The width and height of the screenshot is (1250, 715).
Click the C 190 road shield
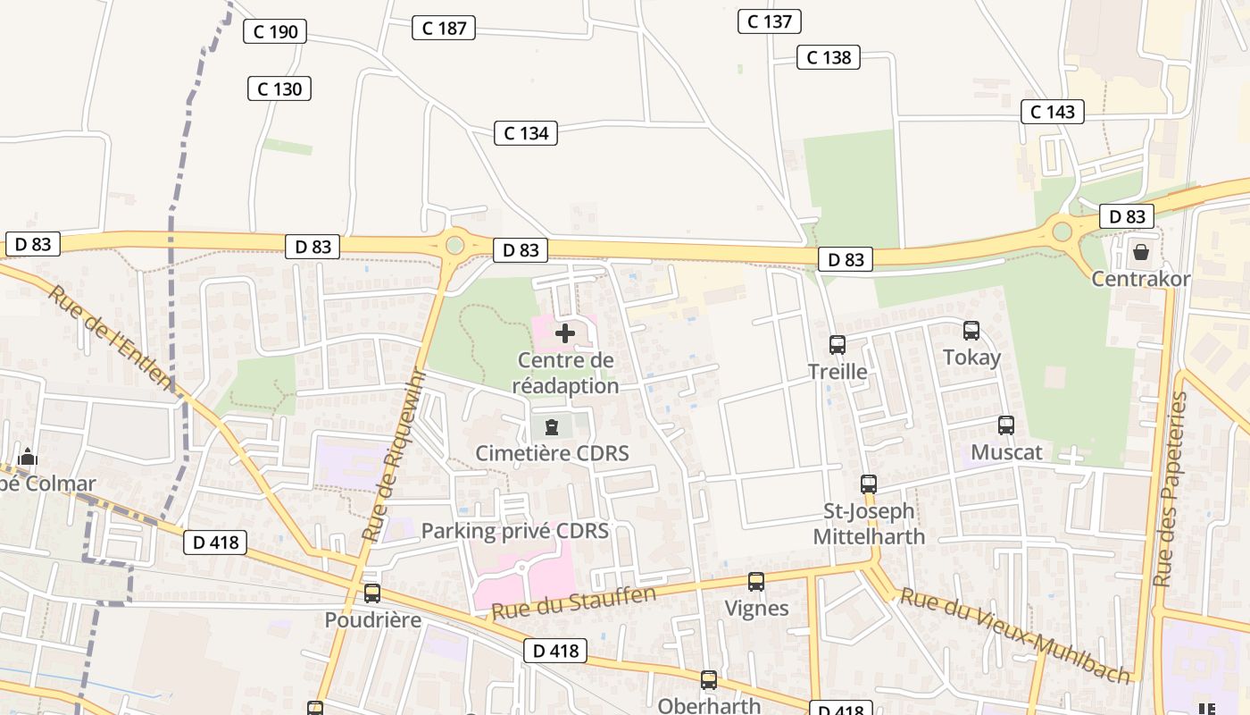coord(275,32)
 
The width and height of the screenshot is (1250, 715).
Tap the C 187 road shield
coord(444,28)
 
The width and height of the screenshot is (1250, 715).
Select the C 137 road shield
coord(769,21)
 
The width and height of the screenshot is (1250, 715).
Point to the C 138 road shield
coord(829,57)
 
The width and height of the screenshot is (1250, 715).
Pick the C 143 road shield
coord(1053,112)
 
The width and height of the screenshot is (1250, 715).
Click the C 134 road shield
coord(526,133)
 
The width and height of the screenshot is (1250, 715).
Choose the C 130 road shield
coord(279,88)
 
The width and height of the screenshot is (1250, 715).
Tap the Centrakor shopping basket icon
coord(1140,252)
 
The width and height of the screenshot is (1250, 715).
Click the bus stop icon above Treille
coord(837,344)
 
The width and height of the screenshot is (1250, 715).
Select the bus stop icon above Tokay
coord(971,331)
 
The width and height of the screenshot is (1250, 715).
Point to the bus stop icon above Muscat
coord(1006,425)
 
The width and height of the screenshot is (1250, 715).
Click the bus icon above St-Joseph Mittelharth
coord(869,484)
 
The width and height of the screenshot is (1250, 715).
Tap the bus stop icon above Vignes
coord(756,582)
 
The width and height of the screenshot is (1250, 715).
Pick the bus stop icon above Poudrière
coord(372,593)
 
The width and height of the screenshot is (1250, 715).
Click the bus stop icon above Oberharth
coord(709,680)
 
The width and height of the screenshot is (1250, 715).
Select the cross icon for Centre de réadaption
coord(565,333)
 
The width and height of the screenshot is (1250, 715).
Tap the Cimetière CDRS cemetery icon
coord(552,426)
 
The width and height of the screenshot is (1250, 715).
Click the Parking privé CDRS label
coord(514,531)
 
